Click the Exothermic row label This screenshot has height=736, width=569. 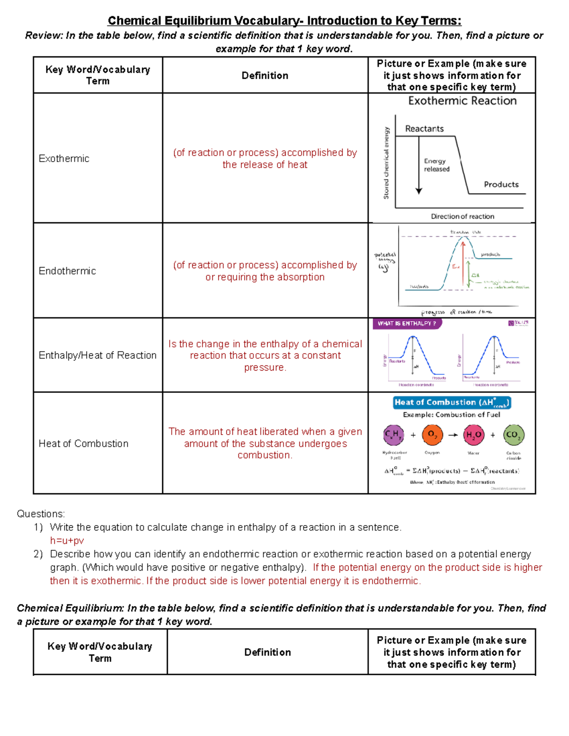64,159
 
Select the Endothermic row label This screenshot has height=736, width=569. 67,271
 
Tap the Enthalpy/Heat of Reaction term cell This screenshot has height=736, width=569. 97,355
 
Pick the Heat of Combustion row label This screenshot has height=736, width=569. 83,444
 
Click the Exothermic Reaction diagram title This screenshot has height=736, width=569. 462,101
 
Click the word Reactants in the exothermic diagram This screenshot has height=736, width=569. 424,129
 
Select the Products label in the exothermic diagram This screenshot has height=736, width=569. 501,184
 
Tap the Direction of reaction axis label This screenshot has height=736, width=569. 462,217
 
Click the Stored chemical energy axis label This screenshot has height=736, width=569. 386,163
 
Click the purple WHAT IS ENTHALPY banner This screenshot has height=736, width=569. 407,324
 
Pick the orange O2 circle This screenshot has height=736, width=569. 432,435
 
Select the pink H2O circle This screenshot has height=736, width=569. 474,435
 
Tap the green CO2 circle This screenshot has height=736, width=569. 513,435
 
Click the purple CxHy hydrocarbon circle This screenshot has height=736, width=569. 394,435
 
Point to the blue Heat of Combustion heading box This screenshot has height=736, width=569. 452,403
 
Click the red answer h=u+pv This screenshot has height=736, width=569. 67,541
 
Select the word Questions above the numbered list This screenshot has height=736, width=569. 41,514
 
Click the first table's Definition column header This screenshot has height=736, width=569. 265,76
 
